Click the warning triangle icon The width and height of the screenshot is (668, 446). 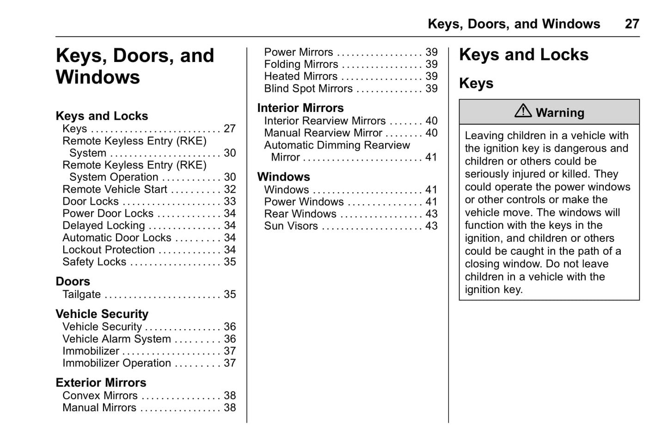[x=523, y=111]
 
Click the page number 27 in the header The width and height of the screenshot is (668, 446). [x=631, y=24]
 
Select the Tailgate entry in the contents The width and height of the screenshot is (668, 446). [x=81, y=294]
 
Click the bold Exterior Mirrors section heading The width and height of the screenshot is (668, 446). [x=101, y=383]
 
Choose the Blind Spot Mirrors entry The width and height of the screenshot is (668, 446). [x=308, y=89]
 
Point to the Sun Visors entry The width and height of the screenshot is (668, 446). [x=291, y=226]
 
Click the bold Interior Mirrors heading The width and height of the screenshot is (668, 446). [x=300, y=108]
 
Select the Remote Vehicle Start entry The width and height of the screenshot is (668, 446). [x=115, y=189]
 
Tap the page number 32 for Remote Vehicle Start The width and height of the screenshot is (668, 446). [x=230, y=189]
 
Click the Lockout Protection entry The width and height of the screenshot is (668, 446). [x=109, y=250]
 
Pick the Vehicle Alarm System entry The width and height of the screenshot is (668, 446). [x=116, y=339]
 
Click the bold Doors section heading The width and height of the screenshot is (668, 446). [x=73, y=281]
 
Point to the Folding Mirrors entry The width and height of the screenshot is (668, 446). [x=301, y=64]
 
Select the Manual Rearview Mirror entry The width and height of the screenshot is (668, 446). [x=323, y=133]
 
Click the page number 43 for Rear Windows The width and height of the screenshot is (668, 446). [x=431, y=214]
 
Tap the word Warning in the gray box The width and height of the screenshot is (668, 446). [x=560, y=113]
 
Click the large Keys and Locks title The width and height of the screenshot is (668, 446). [x=523, y=55]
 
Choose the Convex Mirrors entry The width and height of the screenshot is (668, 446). [x=100, y=396]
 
